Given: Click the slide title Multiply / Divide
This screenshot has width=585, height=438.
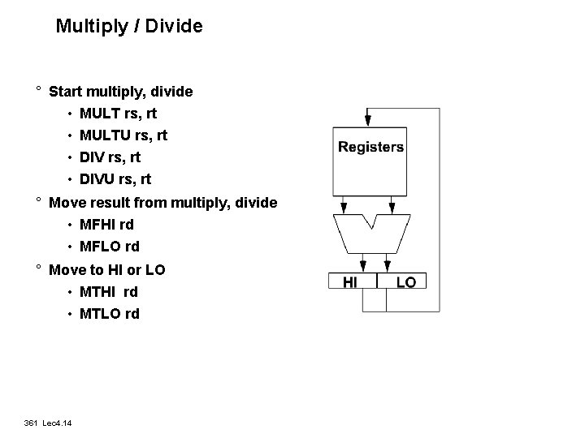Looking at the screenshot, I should tap(129, 26).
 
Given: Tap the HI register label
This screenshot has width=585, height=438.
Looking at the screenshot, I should tap(350, 282).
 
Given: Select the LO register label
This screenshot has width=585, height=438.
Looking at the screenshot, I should tap(405, 282).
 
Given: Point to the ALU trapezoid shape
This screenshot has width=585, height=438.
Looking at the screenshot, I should tap(370, 235).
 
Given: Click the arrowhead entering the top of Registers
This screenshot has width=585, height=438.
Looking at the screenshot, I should tap(368, 120).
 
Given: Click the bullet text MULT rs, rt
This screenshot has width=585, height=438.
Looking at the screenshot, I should tap(118, 114).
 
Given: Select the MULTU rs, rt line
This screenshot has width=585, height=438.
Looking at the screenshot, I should tap(123, 135).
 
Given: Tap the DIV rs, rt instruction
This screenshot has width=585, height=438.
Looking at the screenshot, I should tap(110, 157).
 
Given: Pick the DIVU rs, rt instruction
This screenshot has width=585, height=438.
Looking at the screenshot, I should tap(115, 179).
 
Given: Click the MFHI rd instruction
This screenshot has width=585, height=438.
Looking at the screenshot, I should tap(106, 225).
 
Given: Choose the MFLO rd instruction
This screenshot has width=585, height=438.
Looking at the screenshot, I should tap(109, 247).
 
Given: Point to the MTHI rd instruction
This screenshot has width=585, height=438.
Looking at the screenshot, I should tap(109, 292).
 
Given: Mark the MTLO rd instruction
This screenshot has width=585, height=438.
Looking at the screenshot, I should tap(109, 314).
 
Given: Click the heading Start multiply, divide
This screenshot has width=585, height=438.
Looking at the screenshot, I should tap(121, 92).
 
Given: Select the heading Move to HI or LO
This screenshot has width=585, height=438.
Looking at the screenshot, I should tap(107, 269).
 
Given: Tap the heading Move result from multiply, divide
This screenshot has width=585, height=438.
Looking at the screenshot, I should tap(162, 202).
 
